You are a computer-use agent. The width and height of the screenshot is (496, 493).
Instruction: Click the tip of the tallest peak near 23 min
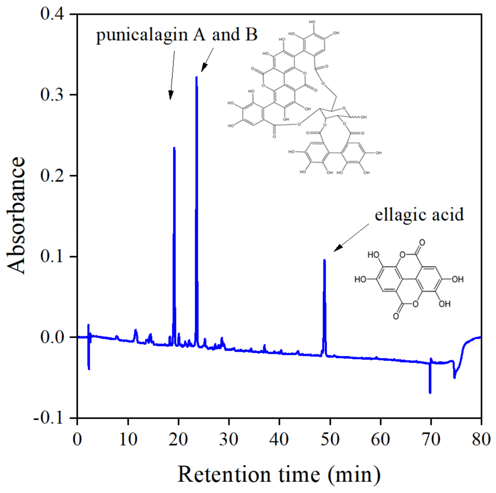pos(196,78)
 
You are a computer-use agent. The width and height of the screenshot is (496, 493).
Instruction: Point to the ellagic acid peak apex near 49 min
pos(325,260)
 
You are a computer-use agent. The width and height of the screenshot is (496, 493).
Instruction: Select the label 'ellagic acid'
pos(419,215)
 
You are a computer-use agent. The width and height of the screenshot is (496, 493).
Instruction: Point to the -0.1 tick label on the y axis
pos(49,418)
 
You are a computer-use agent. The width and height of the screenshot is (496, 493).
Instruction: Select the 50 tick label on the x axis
pos(330,439)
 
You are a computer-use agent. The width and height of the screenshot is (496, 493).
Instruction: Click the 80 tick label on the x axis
pos(481,439)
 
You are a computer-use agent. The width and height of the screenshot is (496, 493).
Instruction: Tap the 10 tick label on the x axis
pos(128,439)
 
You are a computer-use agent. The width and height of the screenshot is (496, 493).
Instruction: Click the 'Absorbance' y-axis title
pos(16,216)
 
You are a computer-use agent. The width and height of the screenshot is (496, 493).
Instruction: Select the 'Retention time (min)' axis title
pos(279,475)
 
